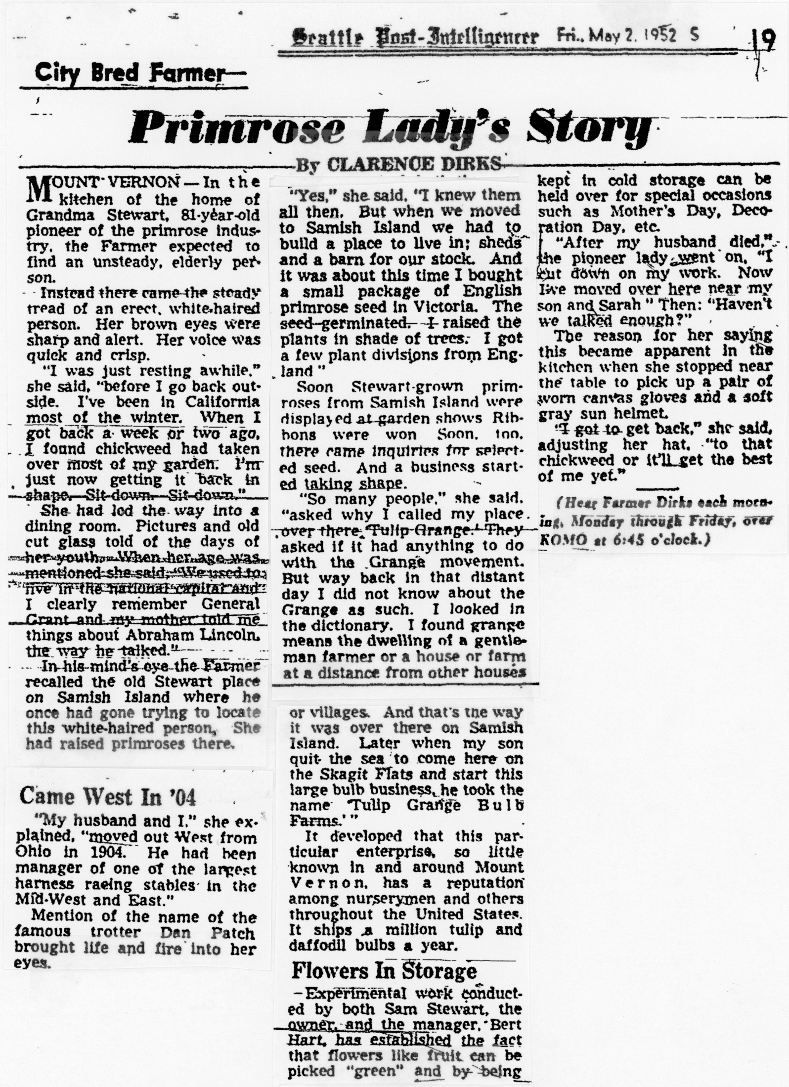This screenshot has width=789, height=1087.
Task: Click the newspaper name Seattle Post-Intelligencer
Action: pyautogui.click(x=414, y=38)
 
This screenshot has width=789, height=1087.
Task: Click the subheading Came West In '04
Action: pyautogui.click(x=108, y=797)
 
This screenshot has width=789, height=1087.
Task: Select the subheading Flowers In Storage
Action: pyautogui.click(x=384, y=970)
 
